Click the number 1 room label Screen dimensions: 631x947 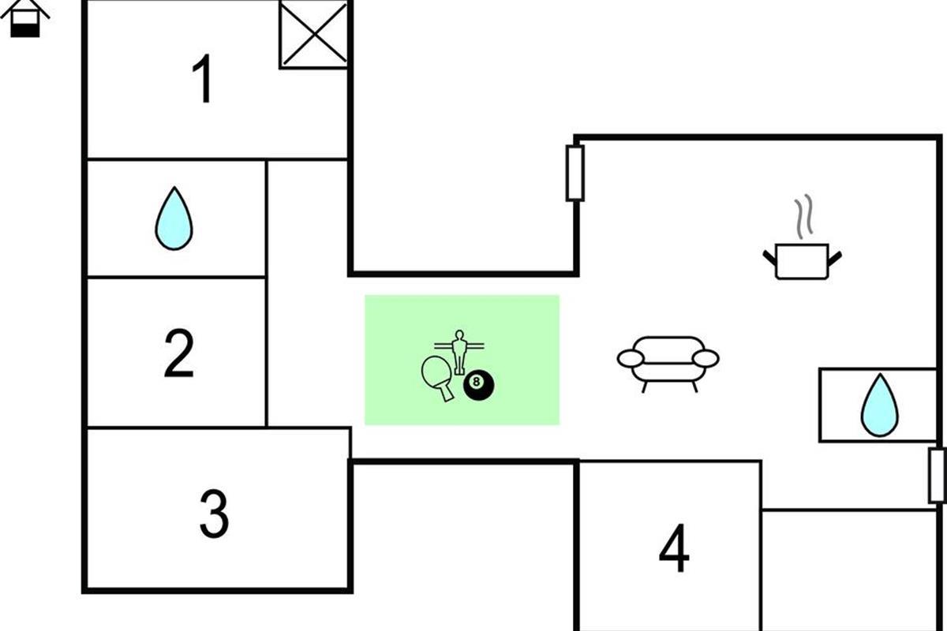coord(204,79)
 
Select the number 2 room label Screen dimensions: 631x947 coord(179,354)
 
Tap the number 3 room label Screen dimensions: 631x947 coord(214,513)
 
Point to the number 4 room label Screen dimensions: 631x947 coord(674,549)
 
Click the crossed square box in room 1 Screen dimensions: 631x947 coord(314,34)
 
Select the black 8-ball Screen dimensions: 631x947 coord(478,384)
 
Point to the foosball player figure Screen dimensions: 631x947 coord(459,350)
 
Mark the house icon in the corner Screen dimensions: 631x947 coord(25,19)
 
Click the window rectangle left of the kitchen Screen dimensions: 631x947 coord(575,173)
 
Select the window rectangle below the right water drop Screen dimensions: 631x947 coord(937,475)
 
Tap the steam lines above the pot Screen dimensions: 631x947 coord(803,218)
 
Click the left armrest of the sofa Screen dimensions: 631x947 coord(631,359)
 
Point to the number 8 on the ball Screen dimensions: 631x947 coord(475,382)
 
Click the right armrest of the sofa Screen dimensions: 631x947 coord(706,359)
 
